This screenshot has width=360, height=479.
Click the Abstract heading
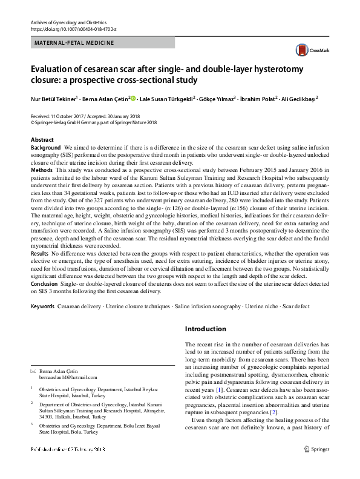[x=42, y=140]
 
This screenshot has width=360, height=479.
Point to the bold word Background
[x=45, y=148]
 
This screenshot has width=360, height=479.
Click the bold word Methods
[x=42, y=171]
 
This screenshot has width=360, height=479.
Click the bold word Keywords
[x=42, y=307]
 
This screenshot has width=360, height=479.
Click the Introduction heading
[x=205, y=329]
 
